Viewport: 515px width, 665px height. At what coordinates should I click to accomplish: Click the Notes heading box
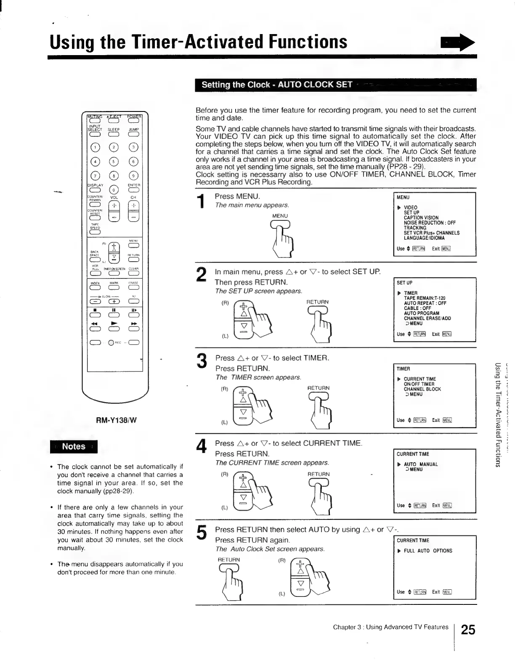tap(74, 447)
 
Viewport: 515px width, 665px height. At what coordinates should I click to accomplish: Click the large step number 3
tap(202, 362)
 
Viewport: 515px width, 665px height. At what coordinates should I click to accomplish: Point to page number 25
tap(468, 630)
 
